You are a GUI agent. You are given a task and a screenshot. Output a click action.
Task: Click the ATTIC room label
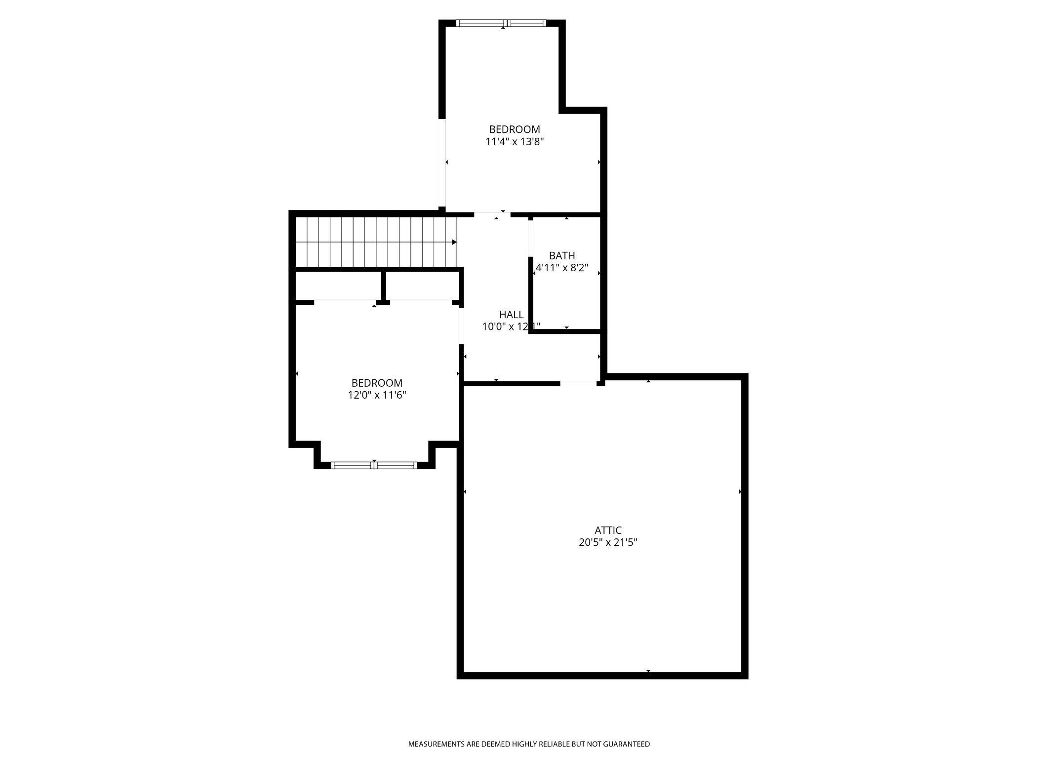pos(608,530)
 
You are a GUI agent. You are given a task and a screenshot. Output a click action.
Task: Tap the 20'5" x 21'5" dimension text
pos(608,542)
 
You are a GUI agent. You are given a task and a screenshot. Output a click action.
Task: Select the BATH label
pos(562,255)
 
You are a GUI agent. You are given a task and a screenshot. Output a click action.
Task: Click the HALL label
pos(511,315)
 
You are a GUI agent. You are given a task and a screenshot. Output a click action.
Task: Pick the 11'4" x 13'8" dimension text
pos(515,142)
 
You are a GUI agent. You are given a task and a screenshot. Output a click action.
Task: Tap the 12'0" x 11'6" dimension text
pos(377,395)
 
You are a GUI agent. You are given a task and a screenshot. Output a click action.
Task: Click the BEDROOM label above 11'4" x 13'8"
pos(515,129)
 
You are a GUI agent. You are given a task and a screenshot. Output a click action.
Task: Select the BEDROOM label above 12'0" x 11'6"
pos(377,383)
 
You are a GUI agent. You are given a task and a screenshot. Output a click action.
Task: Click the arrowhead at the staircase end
pos(454,242)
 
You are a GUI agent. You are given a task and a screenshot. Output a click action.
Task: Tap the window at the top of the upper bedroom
pos(502,23)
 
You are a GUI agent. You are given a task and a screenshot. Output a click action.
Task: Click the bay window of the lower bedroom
pos(374,465)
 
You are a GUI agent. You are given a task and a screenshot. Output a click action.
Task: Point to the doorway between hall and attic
pos(578,383)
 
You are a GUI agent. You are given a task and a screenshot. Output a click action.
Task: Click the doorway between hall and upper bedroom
pos(492,215)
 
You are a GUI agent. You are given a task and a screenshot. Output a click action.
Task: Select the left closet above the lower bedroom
pos(338,285)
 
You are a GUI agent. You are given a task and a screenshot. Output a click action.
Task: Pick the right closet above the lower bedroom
pos(422,285)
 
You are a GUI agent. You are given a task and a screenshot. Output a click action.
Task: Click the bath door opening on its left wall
pos(531,238)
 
